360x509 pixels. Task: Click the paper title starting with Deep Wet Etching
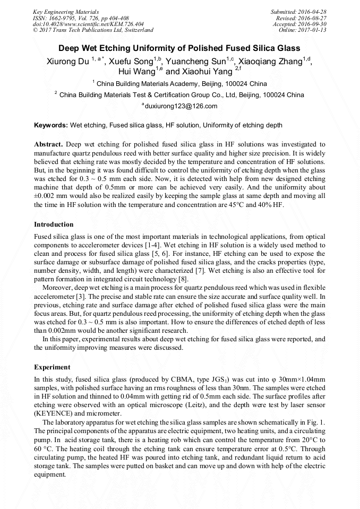(x=179, y=48)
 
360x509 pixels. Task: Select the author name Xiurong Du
(x=67, y=61)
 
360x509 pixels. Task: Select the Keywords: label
(x=51, y=125)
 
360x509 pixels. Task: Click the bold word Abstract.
(x=48, y=144)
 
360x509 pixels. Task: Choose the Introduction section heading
(x=54, y=225)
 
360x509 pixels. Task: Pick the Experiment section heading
(x=52, y=367)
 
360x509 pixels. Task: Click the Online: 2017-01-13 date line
(x=303, y=30)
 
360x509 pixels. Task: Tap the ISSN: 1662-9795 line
(x=81, y=18)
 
